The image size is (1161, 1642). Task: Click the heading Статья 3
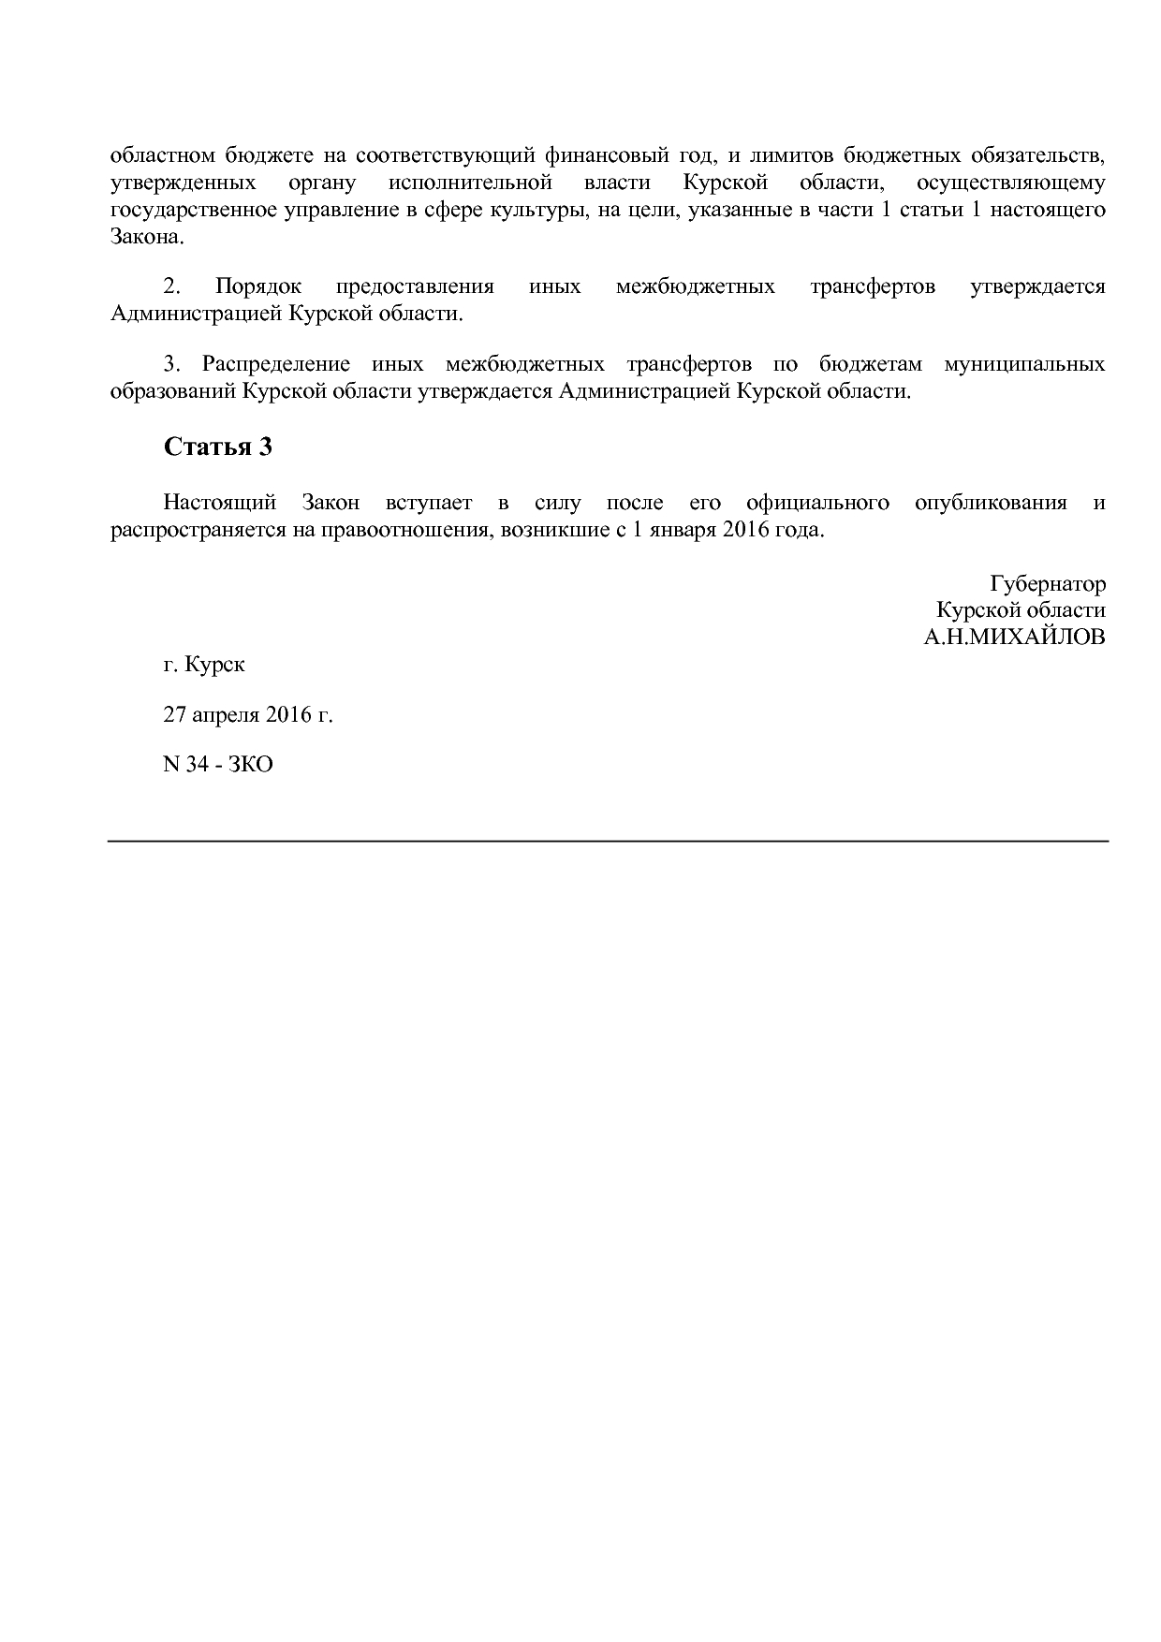tap(217, 447)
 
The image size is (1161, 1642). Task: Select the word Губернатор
tap(1048, 584)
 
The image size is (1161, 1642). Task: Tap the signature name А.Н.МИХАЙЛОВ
tap(1014, 638)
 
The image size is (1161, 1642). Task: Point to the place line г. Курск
tap(204, 666)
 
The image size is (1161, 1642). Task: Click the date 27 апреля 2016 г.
tap(248, 715)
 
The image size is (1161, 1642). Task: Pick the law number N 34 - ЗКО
tap(218, 765)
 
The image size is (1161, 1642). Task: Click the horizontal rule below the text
tap(609, 842)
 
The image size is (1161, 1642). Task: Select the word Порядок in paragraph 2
tap(258, 286)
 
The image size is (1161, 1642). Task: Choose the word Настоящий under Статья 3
tap(220, 503)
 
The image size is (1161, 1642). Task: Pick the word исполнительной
tap(469, 182)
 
